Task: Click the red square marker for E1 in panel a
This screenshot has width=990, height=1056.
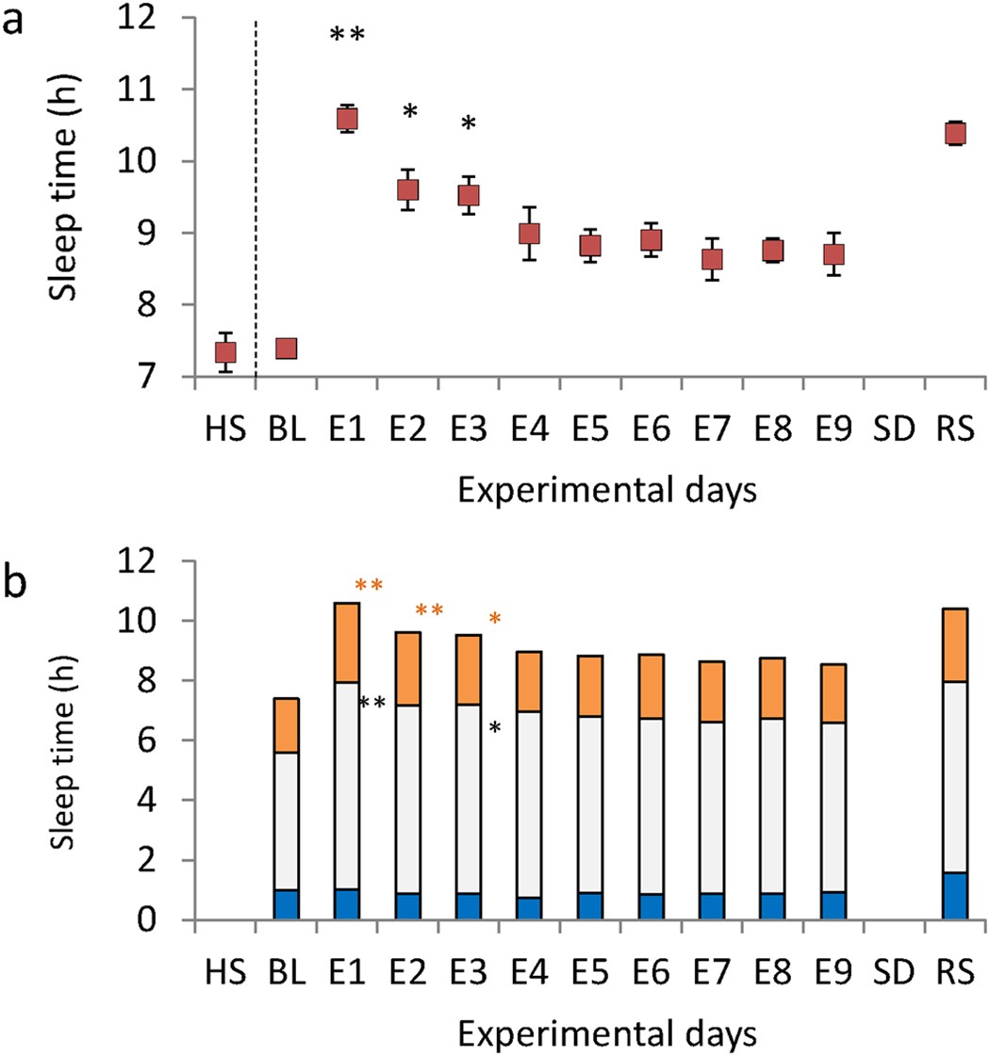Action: [347, 119]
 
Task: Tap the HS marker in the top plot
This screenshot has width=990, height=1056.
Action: [225, 351]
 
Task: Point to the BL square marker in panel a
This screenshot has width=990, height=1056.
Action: [286, 349]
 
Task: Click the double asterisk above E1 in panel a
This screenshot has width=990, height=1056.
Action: [347, 36]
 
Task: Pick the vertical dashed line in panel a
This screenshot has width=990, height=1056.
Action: [256, 188]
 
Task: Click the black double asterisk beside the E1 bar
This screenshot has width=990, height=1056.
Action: [371, 703]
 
